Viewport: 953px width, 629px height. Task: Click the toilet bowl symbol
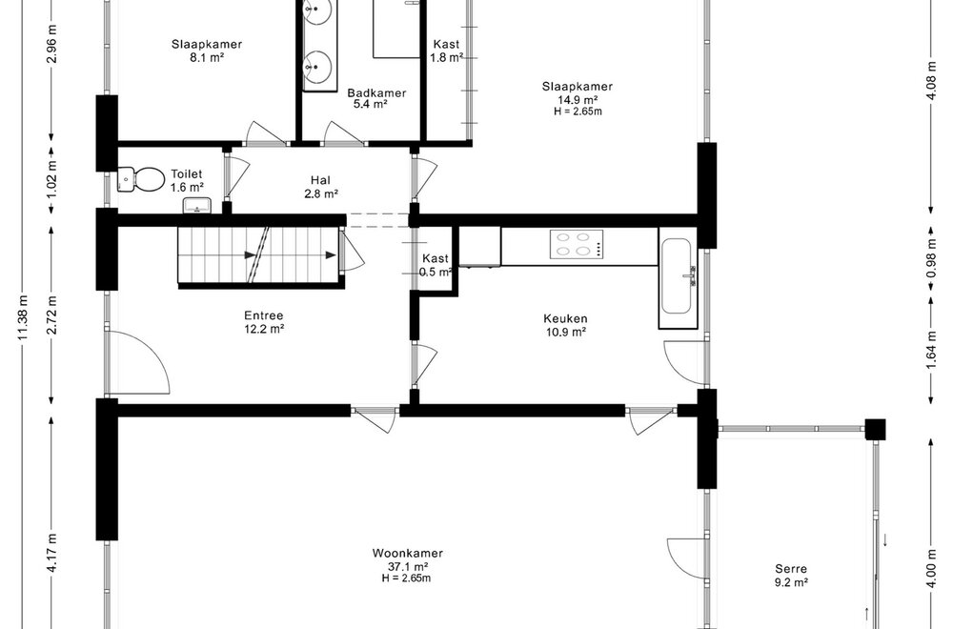click(x=140, y=179)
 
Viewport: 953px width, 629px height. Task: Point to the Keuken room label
click(x=565, y=325)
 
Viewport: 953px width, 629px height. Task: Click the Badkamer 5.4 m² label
click(x=376, y=98)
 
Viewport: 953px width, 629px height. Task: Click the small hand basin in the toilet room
click(x=197, y=206)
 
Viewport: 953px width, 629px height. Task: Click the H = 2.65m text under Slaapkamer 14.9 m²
click(x=578, y=112)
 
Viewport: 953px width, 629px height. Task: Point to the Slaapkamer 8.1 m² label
click(x=207, y=50)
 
